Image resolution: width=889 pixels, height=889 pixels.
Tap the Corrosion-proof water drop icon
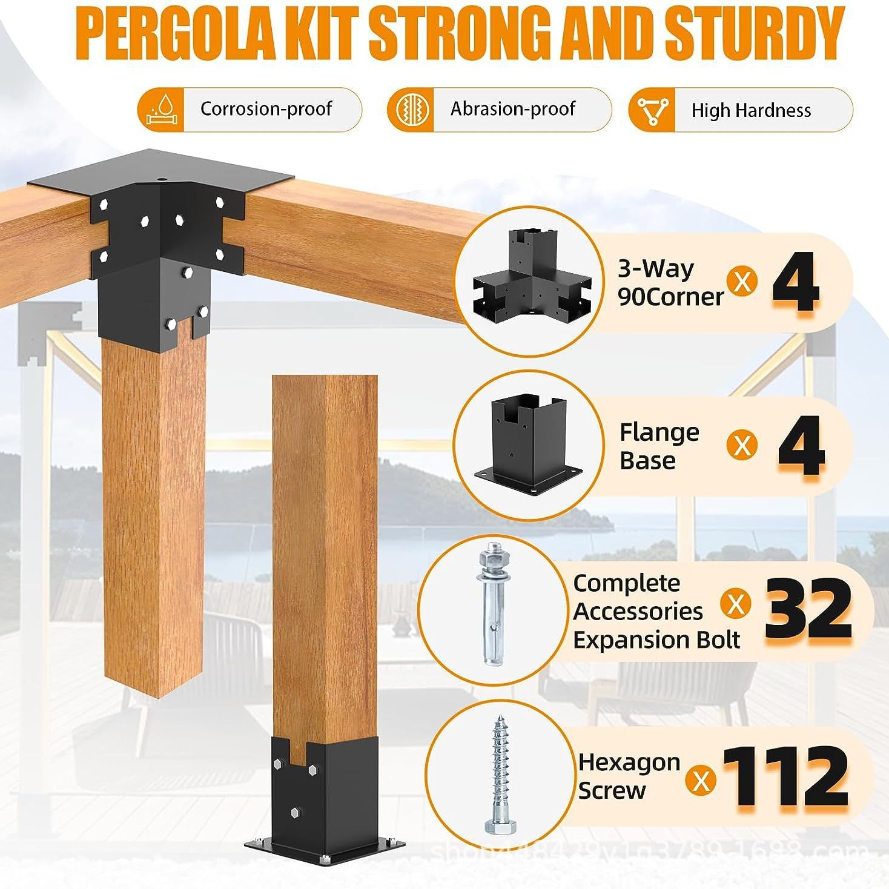click(x=160, y=110)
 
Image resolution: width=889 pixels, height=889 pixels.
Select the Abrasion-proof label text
click(x=512, y=109)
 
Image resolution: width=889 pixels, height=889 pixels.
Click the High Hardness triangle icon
click(x=652, y=110)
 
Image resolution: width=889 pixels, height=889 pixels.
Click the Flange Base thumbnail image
click(x=529, y=446)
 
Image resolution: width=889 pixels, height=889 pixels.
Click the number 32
click(x=808, y=610)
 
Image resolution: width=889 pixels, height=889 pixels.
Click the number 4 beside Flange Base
click(x=801, y=446)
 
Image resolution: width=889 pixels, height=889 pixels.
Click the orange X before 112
click(x=701, y=780)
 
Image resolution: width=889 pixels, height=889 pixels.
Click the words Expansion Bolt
click(x=656, y=640)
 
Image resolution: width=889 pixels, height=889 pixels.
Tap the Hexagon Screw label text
click(x=629, y=776)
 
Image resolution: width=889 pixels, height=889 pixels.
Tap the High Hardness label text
click(x=751, y=110)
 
